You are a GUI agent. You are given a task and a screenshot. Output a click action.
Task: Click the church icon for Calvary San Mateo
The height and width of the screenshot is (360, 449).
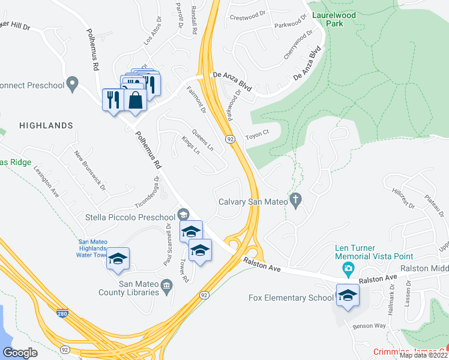point(295,201)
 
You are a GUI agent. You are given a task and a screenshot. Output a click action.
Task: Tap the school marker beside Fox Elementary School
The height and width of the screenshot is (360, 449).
point(348,295)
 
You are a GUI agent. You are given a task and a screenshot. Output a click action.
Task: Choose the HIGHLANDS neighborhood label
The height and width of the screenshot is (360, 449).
point(46,125)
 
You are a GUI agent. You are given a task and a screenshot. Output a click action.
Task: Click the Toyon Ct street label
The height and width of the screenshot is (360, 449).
point(259,136)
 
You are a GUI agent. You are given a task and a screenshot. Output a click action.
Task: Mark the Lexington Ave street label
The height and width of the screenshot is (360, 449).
point(46,181)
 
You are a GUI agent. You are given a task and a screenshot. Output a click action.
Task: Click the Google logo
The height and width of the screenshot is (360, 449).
point(20,352)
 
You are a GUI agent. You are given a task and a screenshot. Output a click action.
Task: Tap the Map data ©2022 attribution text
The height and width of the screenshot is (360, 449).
point(423,355)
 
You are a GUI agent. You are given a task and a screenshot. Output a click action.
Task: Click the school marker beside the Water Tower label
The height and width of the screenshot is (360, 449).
point(118,259)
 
